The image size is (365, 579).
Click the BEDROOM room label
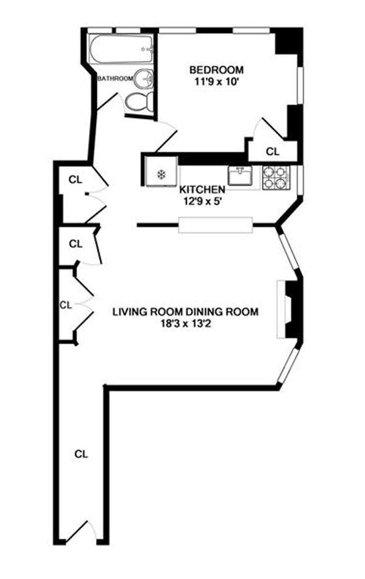(216, 70)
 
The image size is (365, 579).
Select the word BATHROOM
(115, 78)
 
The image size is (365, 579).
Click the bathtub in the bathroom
(121, 50)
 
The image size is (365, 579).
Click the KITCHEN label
(202, 189)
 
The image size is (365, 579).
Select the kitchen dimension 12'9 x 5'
(202, 200)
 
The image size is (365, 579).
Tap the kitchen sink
(240, 176)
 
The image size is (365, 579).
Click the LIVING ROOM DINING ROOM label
(186, 312)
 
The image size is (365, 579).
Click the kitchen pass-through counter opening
(215, 225)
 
